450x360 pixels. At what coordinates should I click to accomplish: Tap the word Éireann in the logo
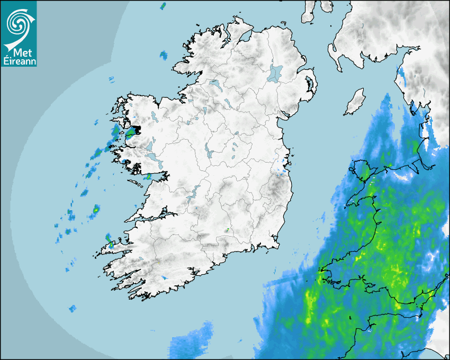pyautogui.click(x=19, y=61)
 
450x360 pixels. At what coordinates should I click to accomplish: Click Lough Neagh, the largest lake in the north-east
pyautogui.click(x=275, y=73)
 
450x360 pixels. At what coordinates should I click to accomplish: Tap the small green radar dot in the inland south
pyautogui.click(x=227, y=230)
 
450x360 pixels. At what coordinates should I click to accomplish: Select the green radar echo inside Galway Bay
pyautogui.click(x=149, y=176)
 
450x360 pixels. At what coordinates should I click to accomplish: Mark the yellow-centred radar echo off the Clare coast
pyautogui.click(x=96, y=210)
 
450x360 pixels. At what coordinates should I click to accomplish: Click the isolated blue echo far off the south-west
pyautogui.click(x=72, y=308)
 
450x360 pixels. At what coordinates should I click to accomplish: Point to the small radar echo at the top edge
pyautogui.click(x=163, y=6)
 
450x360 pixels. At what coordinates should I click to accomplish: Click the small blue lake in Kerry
pyautogui.click(x=164, y=277)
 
